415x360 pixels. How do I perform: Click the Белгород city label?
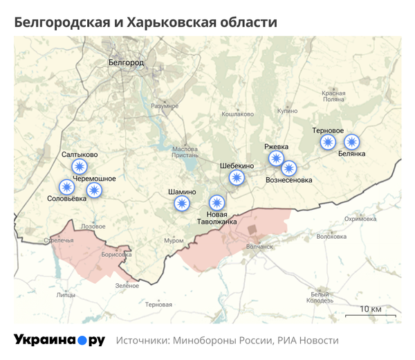(x=127, y=63)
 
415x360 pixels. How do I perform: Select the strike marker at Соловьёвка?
(x=66, y=187)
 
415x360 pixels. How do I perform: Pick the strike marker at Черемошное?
(x=93, y=190)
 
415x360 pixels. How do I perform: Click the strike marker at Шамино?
(x=182, y=203)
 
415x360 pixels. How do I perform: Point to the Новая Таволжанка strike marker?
(x=217, y=203)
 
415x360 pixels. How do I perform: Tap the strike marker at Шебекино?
(x=237, y=178)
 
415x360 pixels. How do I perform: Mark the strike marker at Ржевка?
(x=277, y=159)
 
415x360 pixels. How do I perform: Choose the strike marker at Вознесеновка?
(x=289, y=168)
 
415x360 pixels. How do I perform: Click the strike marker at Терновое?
(x=328, y=142)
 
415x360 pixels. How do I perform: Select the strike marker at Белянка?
(x=352, y=142)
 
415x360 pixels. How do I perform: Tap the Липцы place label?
(x=66, y=295)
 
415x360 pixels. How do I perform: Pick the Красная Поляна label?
(x=333, y=96)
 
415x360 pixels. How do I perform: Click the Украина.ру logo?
(x=59, y=341)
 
